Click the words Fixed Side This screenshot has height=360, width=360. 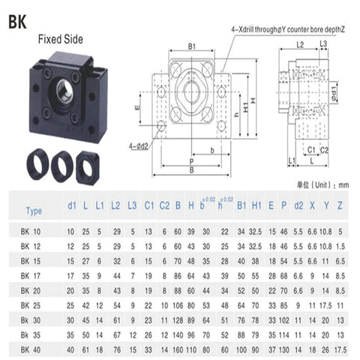pyautogui.click(x=61, y=39)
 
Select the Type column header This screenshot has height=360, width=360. pyautogui.click(x=34, y=211)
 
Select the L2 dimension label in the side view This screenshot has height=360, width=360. pyautogui.click(x=300, y=45)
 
